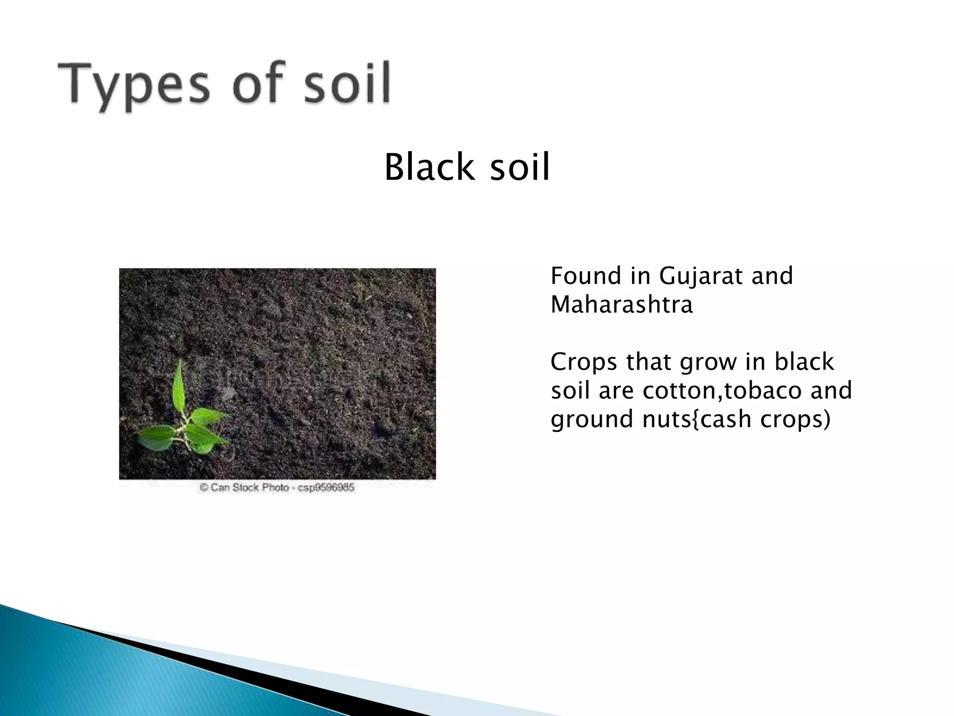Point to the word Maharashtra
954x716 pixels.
point(621,305)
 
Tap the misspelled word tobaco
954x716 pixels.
point(756,390)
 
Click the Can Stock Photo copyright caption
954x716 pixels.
point(278,488)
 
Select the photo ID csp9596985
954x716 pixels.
point(326,488)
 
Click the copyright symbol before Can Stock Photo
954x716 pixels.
point(204,488)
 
